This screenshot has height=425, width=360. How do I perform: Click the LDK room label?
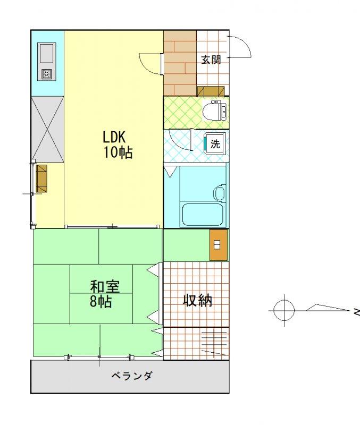click(x=114, y=137)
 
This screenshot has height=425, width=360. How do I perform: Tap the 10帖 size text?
click(x=118, y=152)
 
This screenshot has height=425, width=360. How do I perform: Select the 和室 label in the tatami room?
click(x=105, y=287)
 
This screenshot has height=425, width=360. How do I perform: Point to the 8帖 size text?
click(x=101, y=301)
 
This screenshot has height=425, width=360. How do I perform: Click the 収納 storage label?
click(x=197, y=300)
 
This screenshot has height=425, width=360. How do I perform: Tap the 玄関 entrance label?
click(x=211, y=59)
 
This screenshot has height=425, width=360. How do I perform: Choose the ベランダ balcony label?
click(x=131, y=376)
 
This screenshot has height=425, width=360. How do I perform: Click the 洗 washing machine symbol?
click(x=215, y=143)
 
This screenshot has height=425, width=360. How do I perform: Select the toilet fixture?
click(x=215, y=111)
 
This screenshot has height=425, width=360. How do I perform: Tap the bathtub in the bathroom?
click(x=203, y=215)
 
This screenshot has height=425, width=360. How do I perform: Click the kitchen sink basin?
click(x=47, y=54)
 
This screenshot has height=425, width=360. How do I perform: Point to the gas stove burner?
click(x=47, y=74)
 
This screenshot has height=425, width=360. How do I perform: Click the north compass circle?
click(x=284, y=310)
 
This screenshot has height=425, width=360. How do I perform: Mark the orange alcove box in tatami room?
click(x=218, y=245)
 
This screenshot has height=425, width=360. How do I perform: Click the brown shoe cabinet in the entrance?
click(x=211, y=91)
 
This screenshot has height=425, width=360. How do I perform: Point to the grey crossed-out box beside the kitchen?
click(x=47, y=129)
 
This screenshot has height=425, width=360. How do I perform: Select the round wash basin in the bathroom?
click(x=220, y=193)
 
